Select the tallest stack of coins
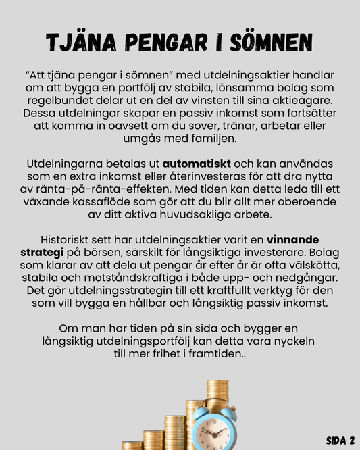point(217,399)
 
